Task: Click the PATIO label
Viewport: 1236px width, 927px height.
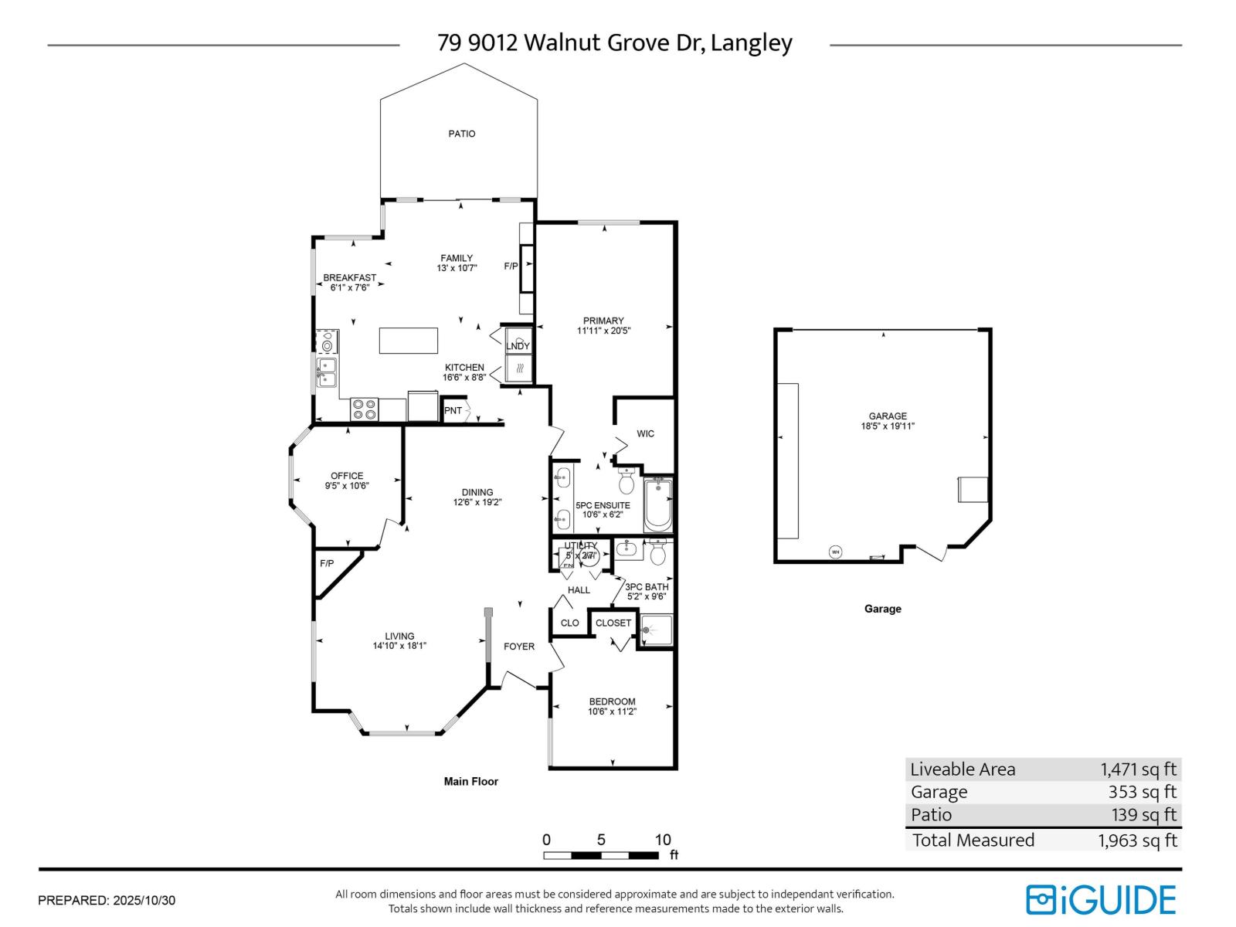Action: tap(462, 134)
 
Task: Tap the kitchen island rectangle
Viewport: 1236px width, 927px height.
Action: tap(408, 341)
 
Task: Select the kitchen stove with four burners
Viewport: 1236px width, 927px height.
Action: tap(364, 409)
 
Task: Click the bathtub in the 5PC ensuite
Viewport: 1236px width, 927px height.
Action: tap(658, 504)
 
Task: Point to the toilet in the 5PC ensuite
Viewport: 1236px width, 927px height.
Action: tap(626, 483)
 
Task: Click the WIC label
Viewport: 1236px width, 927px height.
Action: tap(645, 433)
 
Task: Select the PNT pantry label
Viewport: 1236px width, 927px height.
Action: tap(453, 410)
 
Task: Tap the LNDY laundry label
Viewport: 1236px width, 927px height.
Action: tap(518, 346)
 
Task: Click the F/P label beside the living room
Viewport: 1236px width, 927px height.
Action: tap(327, 563)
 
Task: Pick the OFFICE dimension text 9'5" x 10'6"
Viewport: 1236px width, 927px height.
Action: tap(347, 486)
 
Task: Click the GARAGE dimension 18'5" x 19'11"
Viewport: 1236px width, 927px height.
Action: tap(888, 426)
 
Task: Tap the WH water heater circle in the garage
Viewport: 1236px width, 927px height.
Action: tap(835, 552)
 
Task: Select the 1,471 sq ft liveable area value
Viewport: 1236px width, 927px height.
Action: tap(1138, 769)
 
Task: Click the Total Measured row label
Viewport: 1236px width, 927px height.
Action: tap(973, 840)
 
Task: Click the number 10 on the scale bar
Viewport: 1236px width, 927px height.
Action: tap(663, 840)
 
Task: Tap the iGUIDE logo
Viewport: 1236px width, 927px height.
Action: tap(1101, 900)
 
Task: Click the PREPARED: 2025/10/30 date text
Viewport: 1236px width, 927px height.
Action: tap(107, 900)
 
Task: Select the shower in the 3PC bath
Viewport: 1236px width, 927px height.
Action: tap(657, 630)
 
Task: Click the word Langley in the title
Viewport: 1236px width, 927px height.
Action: tap(751, 43)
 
